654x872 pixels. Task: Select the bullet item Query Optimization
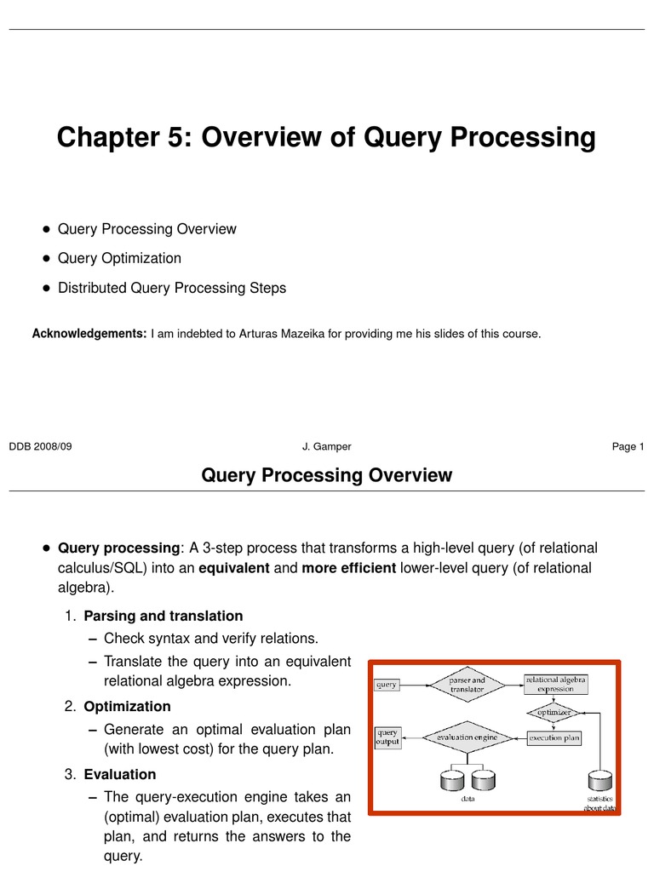click(x=119, y=258)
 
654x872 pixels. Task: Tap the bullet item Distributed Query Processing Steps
click(x=171, y=288)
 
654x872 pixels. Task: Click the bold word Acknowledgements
click(x=89, y=334)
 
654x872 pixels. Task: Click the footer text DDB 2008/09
click(x=40, y=446)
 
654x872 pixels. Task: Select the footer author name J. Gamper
click(x=326, y=446)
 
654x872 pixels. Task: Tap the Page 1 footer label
click(x=628, y=446)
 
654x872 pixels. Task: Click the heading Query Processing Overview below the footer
click(x=326, y=475)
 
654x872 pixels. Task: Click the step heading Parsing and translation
click(x=163, y=616)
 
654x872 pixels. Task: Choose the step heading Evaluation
click(x=120, y=774)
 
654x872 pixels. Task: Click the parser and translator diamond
click(x=467, y=685)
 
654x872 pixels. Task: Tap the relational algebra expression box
click(x=555, y=685)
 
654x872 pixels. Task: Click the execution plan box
click(x=554, y=738)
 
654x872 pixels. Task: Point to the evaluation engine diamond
click(x=466, y=738)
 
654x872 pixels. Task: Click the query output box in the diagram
click(x=387, y=737)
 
